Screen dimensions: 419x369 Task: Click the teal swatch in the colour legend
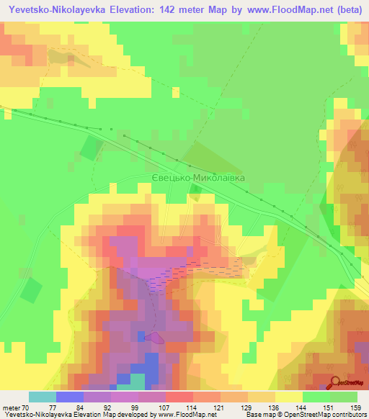pyautogui.click(x=43, y=397)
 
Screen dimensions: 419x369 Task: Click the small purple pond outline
pyautogui.click(x=154, y=336)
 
